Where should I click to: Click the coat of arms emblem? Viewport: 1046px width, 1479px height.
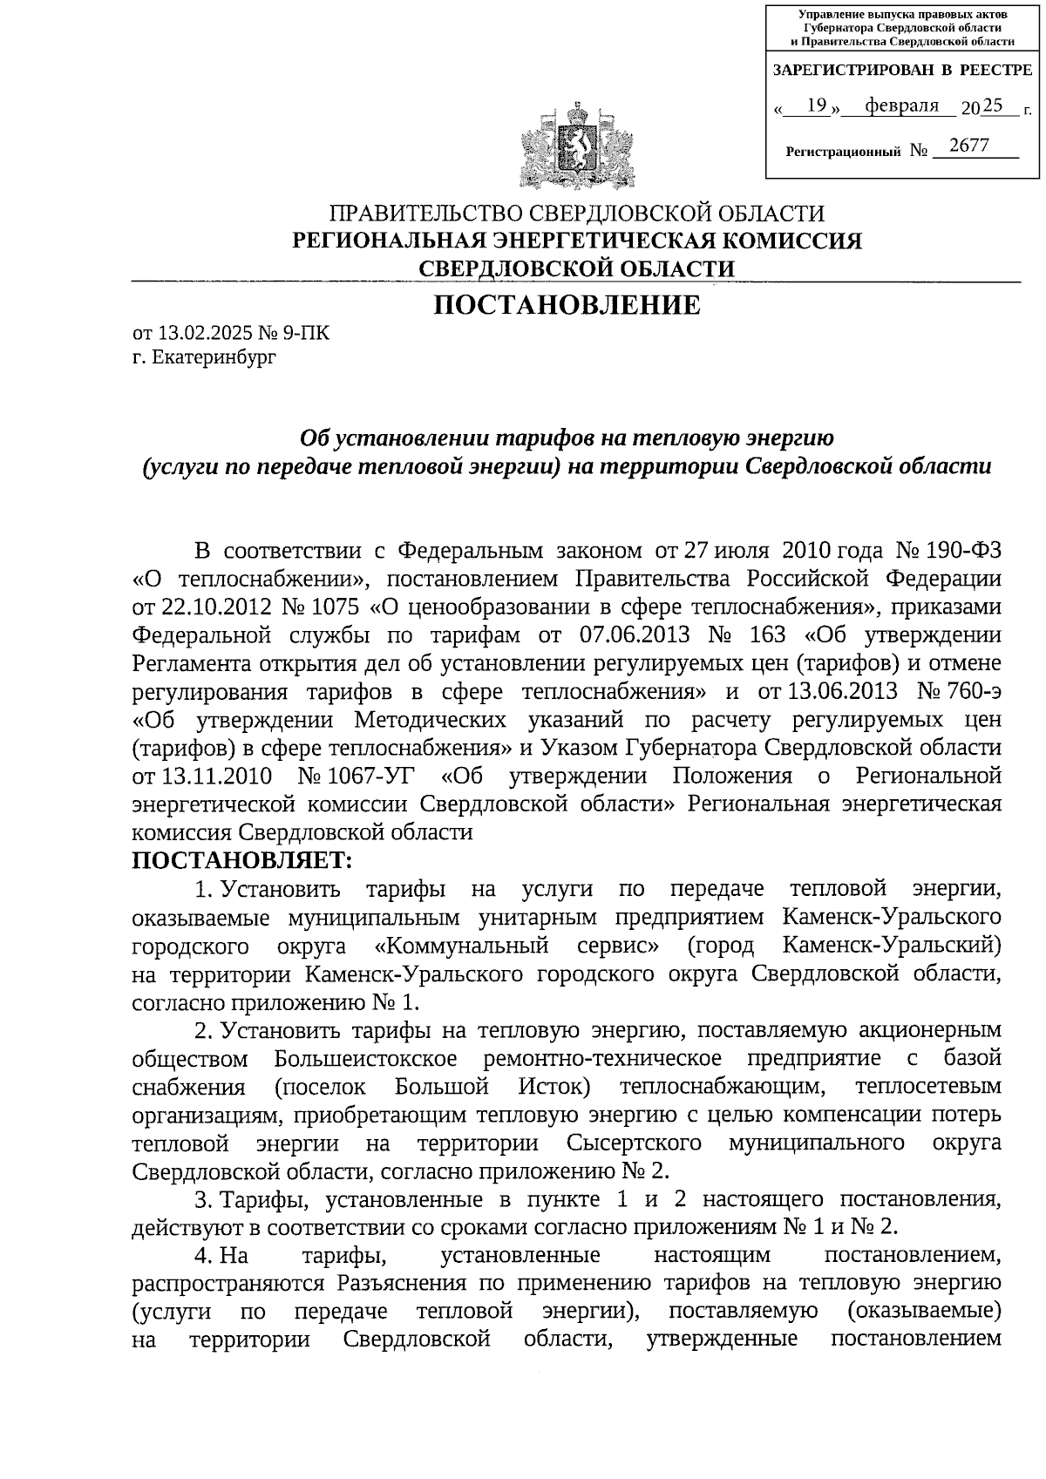(x=574, y=146)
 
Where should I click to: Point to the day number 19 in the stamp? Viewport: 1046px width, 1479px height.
(x=817, y=106)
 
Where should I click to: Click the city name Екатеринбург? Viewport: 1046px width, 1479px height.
(x=212, y=357)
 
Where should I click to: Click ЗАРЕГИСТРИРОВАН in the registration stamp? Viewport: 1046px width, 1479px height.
(x=851, y=70)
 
